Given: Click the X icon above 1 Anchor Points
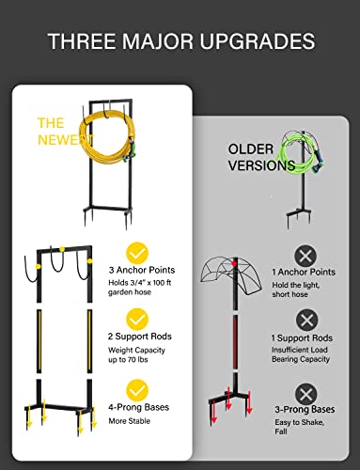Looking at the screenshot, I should [305, 256].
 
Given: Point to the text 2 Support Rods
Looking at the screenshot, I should [139, 337].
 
